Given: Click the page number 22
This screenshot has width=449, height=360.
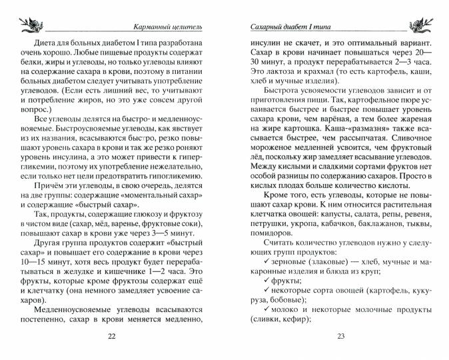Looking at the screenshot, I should [111, 336].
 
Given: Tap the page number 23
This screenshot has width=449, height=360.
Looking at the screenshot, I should [340, 336].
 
